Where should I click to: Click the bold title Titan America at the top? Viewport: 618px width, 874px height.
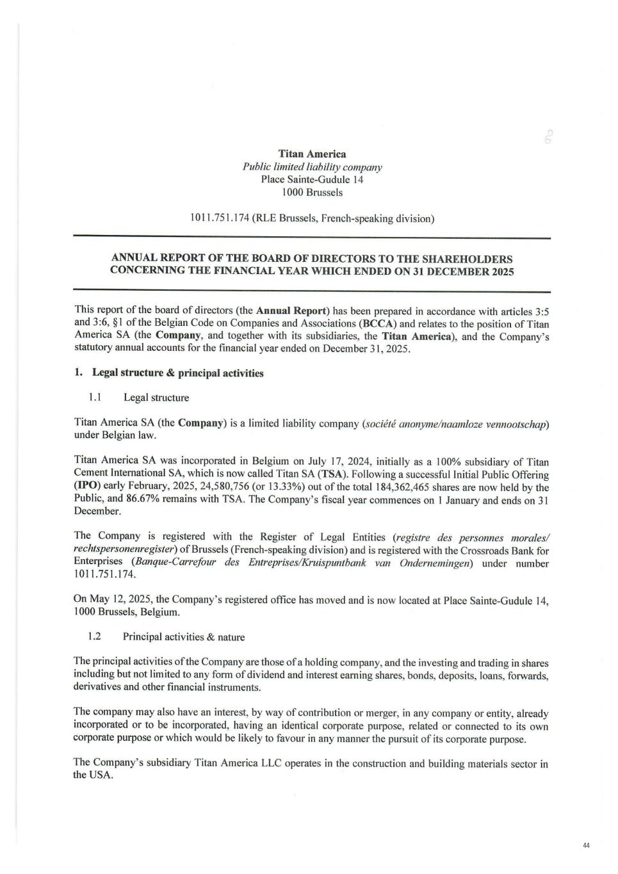(x=312, y=154)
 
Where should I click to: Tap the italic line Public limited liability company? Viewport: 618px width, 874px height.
(x=312, y=167)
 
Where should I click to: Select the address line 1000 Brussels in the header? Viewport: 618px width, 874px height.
(x=312, y=192)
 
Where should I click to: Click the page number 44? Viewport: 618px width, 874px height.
(x=586, y=846)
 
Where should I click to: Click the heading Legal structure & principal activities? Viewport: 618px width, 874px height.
(x=177, y=373)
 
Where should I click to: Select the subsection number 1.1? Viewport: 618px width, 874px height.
(x=95, y=397)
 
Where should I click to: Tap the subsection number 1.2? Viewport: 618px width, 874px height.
(x=95, y=636)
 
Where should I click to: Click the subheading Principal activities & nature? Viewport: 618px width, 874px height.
(x=184, y=636)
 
